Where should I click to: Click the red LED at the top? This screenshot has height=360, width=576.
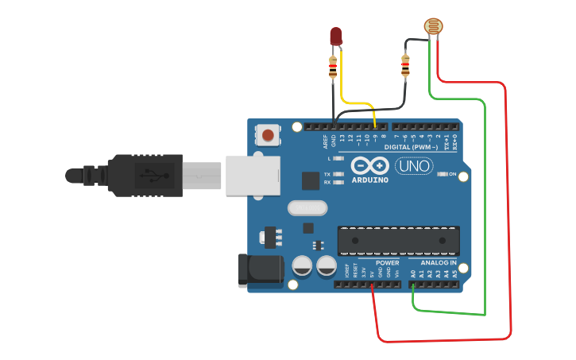335,36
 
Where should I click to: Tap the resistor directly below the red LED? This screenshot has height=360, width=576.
333,68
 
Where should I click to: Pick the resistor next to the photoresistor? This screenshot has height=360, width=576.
406,65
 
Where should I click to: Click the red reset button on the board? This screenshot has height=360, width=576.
269,135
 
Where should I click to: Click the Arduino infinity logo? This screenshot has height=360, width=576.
369,165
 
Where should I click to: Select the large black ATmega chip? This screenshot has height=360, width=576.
399,240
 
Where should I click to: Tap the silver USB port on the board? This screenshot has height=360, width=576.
253,175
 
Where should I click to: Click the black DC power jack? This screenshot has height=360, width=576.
261,270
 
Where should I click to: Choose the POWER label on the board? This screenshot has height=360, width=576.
388,263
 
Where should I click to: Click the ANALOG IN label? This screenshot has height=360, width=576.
438,263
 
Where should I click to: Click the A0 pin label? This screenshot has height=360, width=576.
413,273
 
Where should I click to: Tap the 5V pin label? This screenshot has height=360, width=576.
372,274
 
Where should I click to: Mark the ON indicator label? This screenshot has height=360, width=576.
453,174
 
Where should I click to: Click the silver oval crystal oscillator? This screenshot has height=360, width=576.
306,208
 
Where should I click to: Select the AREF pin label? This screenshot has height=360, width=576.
325,142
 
